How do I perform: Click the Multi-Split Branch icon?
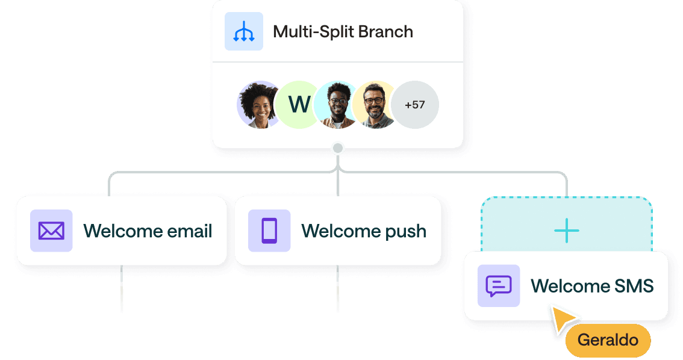243,31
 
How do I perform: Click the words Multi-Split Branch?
343,31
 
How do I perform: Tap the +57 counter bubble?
416,105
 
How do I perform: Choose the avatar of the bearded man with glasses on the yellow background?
375,105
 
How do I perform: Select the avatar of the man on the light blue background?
335,105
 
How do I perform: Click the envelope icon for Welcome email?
51,231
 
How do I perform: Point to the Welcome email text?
148,231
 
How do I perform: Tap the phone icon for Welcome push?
269,231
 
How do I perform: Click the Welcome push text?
364,231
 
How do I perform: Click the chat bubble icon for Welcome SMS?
499,286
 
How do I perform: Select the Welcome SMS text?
592,286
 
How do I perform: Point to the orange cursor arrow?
563,320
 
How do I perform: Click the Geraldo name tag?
608,340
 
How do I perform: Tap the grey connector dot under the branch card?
338,148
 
